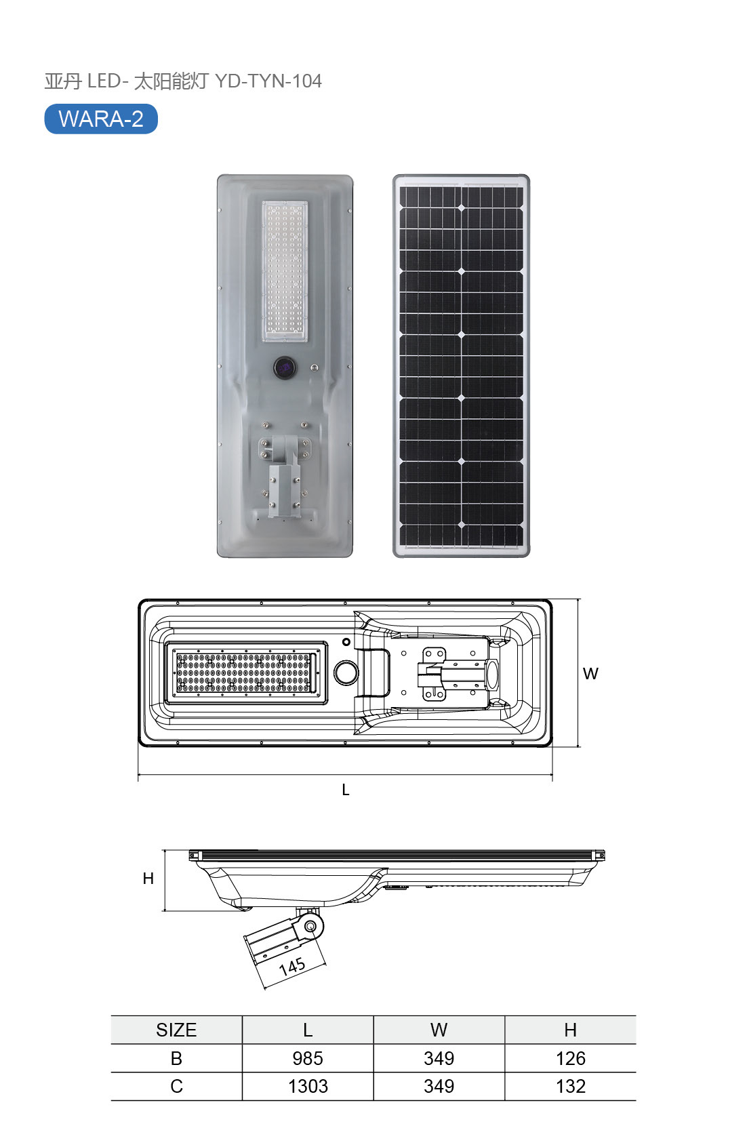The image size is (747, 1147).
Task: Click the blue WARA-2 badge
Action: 101,119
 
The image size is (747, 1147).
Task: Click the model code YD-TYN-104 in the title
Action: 268,81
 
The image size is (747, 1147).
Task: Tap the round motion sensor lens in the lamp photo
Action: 284,367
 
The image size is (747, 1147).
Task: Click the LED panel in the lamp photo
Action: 285,271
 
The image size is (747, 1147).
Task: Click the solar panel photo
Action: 462,365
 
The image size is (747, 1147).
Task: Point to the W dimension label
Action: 590,673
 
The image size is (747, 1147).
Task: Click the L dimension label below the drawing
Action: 346,790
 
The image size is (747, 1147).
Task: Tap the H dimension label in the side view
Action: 148,879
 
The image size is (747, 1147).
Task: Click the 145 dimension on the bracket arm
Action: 292,967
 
